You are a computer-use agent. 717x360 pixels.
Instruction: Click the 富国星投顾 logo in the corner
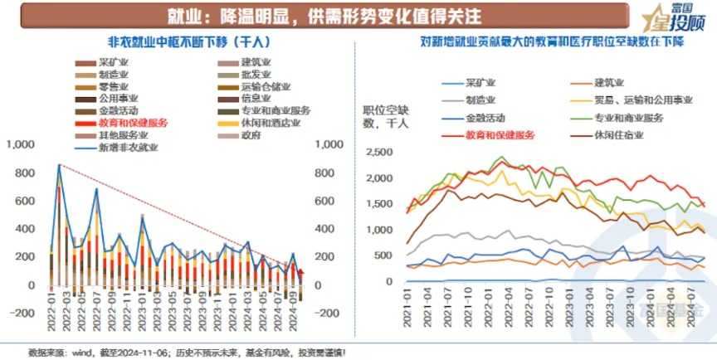click(675, 17)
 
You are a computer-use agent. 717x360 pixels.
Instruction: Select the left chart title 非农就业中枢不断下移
click(178, 41)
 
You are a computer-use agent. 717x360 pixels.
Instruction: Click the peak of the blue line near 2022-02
click(59, 164)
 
